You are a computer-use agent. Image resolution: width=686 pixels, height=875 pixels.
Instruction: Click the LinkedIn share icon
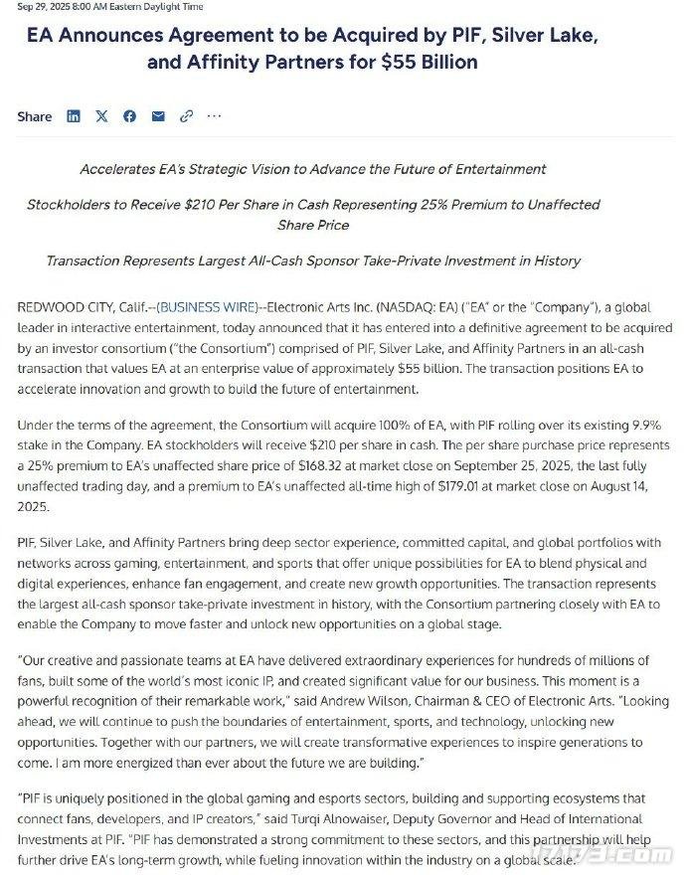tap(74, 116)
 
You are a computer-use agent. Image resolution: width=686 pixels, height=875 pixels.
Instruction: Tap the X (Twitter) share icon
tap(101, 116)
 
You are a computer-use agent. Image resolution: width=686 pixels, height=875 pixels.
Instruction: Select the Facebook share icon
tap(129, 116)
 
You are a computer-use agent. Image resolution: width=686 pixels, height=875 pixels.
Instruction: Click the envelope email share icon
tap(157, 116)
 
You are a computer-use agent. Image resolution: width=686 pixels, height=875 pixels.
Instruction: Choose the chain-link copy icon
tap(186, 116)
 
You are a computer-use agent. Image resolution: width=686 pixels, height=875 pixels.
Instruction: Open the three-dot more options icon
tap(214, 116)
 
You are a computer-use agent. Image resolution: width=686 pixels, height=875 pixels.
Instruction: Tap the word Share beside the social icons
tap(35, 116)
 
